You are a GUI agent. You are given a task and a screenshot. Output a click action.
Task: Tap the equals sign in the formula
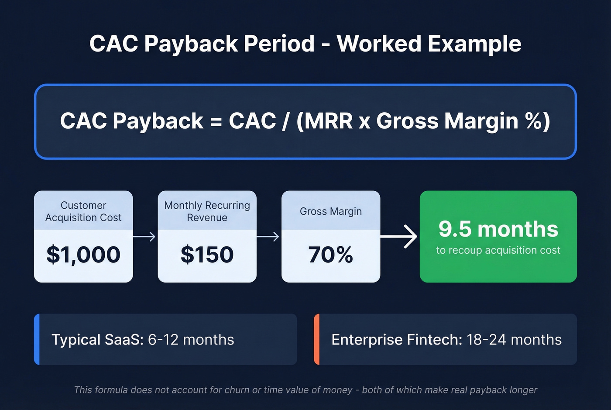pos(216,121)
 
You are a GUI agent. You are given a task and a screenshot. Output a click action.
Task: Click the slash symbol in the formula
pos(285,121)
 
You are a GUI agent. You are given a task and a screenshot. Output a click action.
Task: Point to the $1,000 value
pos(83,255)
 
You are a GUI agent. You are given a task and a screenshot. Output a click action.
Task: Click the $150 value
pos(207,255)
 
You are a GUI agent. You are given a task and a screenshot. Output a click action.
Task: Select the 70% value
pos(330,255)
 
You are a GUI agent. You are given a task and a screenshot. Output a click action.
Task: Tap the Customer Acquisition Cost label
pos(83,211)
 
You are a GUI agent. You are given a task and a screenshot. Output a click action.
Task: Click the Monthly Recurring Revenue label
pos(207,211)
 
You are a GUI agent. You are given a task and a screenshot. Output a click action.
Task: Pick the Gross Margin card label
pos(330,211)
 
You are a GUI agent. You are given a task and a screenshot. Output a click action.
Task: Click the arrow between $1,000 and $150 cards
pos(145,237)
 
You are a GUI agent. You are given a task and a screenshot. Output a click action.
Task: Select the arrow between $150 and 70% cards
pos(268,237)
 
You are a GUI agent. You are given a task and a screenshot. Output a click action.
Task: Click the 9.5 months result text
pos(498,229)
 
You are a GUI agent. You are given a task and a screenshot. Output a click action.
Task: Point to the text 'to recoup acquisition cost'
pos(498,250)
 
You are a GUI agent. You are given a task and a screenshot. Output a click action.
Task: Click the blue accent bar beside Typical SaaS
pos(37,339)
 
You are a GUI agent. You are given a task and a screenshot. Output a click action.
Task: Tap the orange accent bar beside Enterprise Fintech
pos(317,339)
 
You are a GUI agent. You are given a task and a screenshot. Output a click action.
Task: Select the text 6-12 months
pos(191,340)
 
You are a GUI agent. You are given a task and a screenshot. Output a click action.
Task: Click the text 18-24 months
pos(514,340)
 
